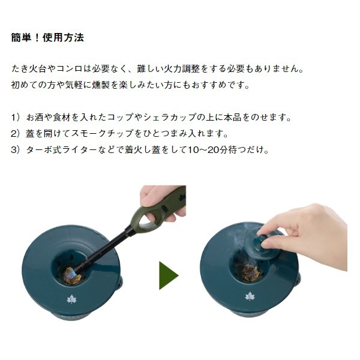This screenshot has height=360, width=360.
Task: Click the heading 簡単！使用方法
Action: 47,37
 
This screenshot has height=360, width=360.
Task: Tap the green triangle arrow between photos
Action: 169,275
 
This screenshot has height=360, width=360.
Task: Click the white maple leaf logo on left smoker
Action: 72,299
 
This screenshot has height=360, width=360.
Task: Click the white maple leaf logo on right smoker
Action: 250,296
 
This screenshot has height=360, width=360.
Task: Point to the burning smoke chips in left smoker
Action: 71,275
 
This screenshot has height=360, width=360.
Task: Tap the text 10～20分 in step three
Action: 208,150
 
